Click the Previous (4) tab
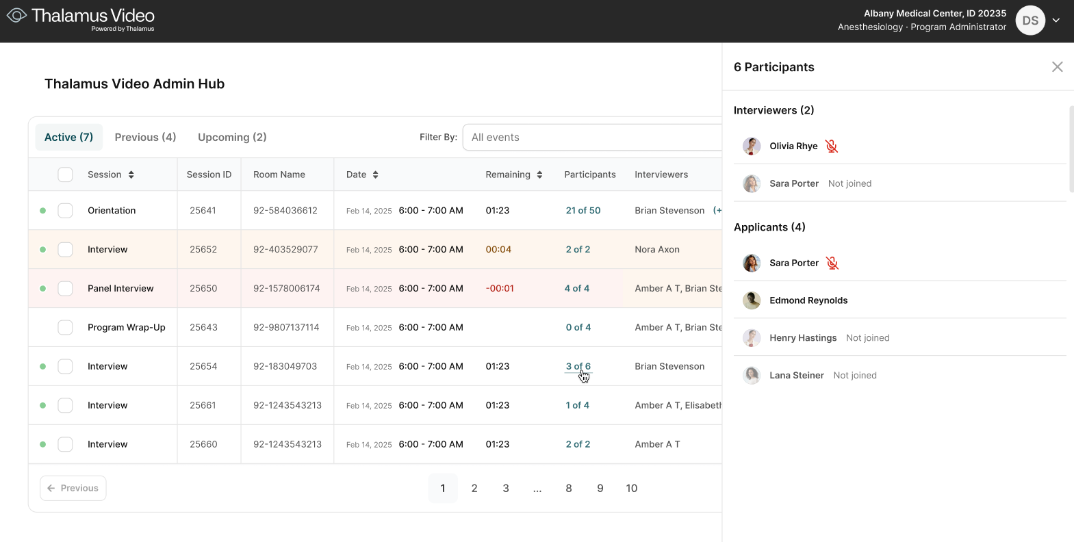tap(145, 137)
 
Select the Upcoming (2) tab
tap(232, 137)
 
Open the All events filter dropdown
tap(592, 137)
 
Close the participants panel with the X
tap(1057, 66)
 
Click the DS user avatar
tap(1030, 21)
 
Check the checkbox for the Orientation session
tap(65, 210)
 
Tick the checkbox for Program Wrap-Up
tap(65, 327)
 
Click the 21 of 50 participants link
tap(583, 210)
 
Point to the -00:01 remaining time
tap(500, 288)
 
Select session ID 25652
tap(203, 249)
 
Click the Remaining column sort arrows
tap(539, 175)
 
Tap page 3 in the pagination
tap(505, 488)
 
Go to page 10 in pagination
tap(631, 488)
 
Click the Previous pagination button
tap(73, 488)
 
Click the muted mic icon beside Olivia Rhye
tap(831, 146)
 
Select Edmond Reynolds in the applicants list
tap(808, 300)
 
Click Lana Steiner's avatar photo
tap(752, 375)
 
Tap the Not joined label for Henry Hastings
tap(867, 337)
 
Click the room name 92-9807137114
tap(286, 327)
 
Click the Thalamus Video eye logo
tap(16, 15)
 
